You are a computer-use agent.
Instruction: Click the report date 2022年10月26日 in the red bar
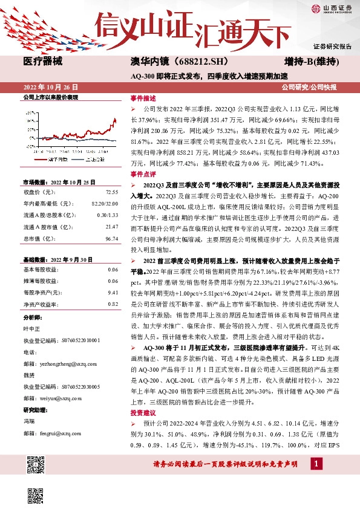pos(51,87)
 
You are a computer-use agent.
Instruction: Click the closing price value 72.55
pos(111,192)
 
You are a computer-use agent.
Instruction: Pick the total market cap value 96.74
pos(111,239)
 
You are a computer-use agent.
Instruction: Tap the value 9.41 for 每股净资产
pos(113,292)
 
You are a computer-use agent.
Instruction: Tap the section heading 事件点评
pos(143,173)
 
